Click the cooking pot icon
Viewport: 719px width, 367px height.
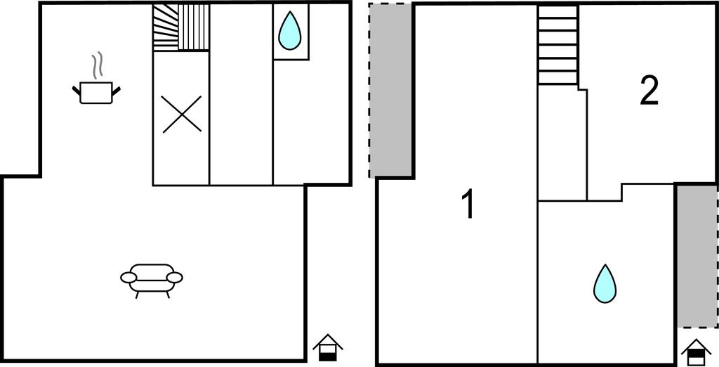tap(96, 92)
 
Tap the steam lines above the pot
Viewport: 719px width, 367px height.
tap(96, 65)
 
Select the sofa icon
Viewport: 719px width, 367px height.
tap(152, 281)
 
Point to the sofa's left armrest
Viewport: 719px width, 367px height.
tap(128, 278)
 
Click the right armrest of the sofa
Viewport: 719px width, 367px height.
tap(175, 278)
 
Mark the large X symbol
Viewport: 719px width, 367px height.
tap(182, 114)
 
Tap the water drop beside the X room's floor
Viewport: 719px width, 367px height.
tap(290, 30)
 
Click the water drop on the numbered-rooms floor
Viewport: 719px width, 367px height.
tap(605, 283)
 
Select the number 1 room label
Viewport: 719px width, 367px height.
tap(468, 205)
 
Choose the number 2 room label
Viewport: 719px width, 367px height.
tap(649, 91)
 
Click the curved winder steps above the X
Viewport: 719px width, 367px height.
tap(166, 27)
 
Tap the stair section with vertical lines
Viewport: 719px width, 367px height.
tap(194, 27)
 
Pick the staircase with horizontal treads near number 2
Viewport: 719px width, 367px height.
tap(558, 44)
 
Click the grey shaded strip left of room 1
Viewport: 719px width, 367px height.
tap(390, 90)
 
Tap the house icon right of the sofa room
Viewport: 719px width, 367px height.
tap(327, 348)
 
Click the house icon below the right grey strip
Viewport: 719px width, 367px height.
tap(696, 353)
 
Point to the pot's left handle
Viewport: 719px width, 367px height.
tap(76, 91)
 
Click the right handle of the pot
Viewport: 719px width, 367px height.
tap(116, 91)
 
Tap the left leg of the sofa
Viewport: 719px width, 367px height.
tap(137, 295)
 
